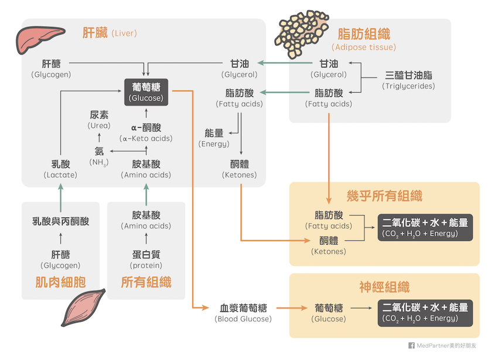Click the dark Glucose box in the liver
146,92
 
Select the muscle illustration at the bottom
83,307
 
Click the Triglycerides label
408,80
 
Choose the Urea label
99,120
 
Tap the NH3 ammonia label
99,157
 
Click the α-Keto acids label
146,133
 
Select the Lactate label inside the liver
60,169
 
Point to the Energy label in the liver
214,138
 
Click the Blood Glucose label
243,313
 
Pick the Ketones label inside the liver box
240,169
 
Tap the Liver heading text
110,33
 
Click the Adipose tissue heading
364,39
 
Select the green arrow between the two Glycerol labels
285,63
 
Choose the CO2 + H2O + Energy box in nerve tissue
425,313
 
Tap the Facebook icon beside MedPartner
411,345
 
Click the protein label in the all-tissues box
146,260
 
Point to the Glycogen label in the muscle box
60,260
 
